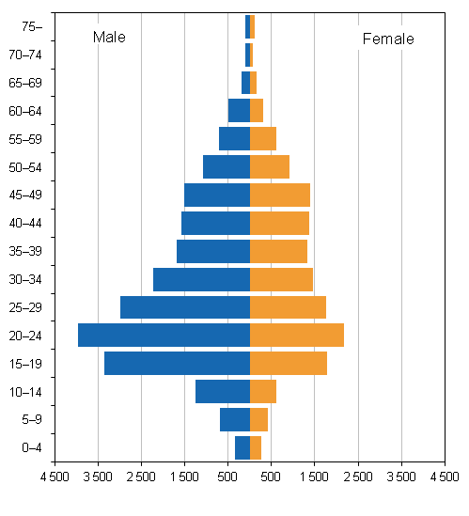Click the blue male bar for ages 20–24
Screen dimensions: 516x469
click(x=164, y=336)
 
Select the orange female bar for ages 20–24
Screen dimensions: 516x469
click(x=296, y=336)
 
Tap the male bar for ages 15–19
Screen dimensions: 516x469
click(x=177, y=364)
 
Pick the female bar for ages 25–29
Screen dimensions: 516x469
click(x=288, y=307)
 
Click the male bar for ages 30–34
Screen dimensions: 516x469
click(x=201, y=279)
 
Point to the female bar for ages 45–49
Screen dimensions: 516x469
click(x=279, y=195)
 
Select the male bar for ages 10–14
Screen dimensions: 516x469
click(x=223, y=391)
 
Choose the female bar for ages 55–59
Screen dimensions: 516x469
click(x=262, y=139)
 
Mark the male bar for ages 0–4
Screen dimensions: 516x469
click(x=242, y=447)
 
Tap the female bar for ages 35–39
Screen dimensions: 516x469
click(x=278, y=251)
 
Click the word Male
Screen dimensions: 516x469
click(x=109, y=38)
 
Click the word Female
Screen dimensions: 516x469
click(x=387, y=39)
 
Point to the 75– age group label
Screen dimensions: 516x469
click(x=32, y=26)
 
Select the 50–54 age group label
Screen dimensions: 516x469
click(x=27, y=167)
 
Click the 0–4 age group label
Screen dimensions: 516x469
click(x=31, y=447)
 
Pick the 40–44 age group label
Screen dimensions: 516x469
click(x=27, y=224)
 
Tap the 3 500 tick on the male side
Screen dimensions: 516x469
click(x=98, y=477)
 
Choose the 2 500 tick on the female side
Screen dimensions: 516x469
click(x=358, y=477)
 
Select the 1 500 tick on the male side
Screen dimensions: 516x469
click(x=184, y=477)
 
